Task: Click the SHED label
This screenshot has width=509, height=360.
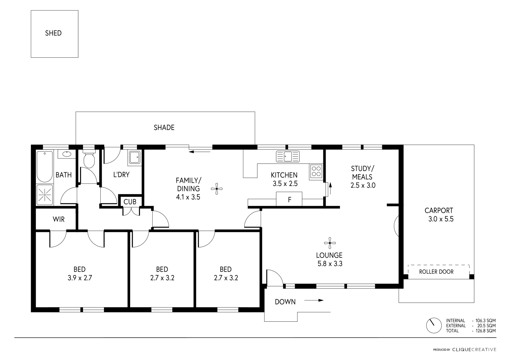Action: (x=53, y=33)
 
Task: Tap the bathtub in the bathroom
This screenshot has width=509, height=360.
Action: (x=44, y=166)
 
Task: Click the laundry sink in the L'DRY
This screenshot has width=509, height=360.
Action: (x=135, y=157)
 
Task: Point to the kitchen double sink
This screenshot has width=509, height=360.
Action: (x=288, y=156)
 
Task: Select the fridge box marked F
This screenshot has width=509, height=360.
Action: (x=289, y=200)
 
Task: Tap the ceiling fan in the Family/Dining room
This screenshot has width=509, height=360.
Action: (x=217, y=189)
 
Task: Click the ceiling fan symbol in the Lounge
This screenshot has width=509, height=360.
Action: (x=330, y=243)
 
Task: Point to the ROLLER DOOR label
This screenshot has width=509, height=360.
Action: (x=436, y=272)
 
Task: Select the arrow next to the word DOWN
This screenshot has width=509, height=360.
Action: (x=314, y=300)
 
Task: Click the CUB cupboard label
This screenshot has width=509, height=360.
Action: (x=130, y=202)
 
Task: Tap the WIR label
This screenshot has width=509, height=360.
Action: (x=59, y=219)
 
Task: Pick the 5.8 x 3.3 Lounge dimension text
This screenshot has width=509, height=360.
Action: (x=329, y=264)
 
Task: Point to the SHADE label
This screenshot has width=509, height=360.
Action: (x=164, y=127)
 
